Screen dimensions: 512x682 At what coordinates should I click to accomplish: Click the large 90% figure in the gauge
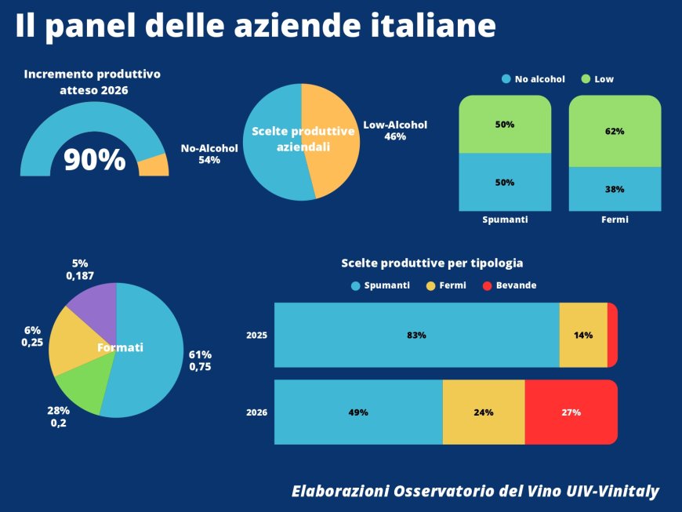(x=94, y=159)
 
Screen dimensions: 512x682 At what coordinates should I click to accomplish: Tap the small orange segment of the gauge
(x=154, y=165)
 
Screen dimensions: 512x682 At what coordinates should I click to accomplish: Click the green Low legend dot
(x=586, y=79)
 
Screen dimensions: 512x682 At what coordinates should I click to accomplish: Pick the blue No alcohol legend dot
(x=506, y=79)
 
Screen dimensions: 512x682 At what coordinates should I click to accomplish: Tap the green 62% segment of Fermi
(x=615, y=131)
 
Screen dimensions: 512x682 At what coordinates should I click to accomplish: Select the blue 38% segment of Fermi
(x=615, y=189)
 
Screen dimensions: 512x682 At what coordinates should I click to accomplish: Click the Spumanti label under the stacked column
(x=505, y=220)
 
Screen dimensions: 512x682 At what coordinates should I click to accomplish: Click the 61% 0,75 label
(x=200, y=361)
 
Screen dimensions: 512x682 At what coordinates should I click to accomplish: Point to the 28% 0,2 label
(x=60, y=417)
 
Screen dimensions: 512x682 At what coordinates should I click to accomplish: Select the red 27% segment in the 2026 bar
(x=571, y=412)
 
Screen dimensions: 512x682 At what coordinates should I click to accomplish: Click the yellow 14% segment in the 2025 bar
(x=583, y=335)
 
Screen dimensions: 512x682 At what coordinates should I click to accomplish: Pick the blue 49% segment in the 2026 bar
(x=358, y=412)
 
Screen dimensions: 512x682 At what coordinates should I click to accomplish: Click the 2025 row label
(x=257, y=336)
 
